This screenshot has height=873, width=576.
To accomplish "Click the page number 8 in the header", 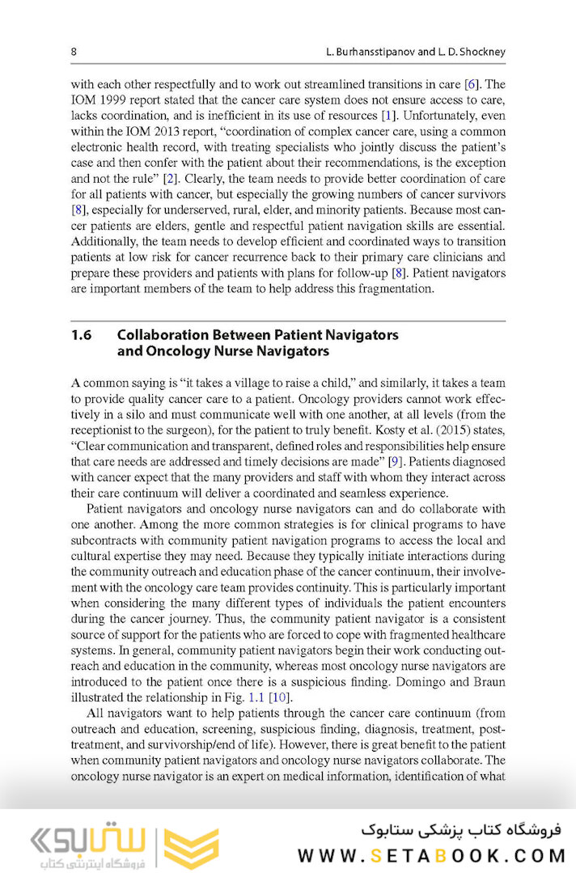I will point(74,52).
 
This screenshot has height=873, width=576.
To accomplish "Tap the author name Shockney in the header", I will point(478,52).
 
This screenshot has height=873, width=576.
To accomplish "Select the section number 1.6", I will point(82,335).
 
